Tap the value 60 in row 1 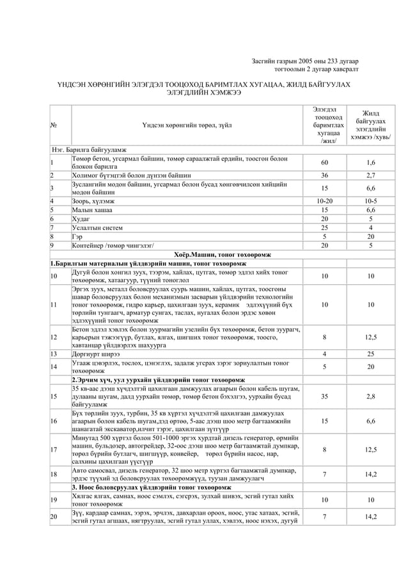click(x=324, y=162)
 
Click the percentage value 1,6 click(x=371, y=162)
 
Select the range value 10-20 click(x=324, y=201)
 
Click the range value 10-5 click(x=371, y=201)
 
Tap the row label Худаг click(x=81, y=218)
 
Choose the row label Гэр click(x=77, y=236)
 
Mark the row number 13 click(x=54, y=353)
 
